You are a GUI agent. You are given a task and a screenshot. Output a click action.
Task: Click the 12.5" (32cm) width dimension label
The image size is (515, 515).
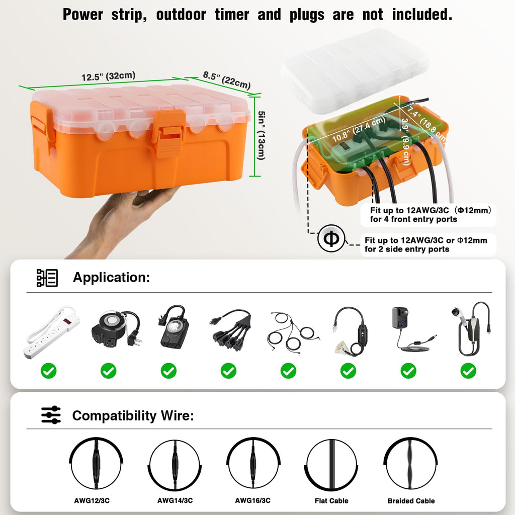click(x=108, y=76)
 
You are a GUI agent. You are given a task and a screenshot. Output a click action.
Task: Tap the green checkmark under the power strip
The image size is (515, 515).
click(x=49, y=371)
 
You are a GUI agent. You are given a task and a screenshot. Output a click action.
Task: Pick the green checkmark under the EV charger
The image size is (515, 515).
click(x=468, y=371)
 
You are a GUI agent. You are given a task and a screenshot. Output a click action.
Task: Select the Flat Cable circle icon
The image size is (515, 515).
click(x=332, y=464)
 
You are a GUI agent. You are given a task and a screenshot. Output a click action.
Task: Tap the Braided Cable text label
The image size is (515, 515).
click(x=411, y=501)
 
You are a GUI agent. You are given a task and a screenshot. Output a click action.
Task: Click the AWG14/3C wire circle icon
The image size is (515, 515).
click(x=175, y=464)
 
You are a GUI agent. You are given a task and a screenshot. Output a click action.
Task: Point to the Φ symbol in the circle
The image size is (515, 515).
click(x=331, y=238)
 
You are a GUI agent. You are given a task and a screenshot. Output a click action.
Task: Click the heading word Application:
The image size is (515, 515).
click(x=111, y=277)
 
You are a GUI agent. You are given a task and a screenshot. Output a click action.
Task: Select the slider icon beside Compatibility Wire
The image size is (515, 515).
click(x=51, y=415)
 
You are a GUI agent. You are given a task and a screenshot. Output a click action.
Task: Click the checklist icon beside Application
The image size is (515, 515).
click(x=47, y=278)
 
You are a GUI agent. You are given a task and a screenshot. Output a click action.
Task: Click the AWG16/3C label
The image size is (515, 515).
click(x=252, y=500)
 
